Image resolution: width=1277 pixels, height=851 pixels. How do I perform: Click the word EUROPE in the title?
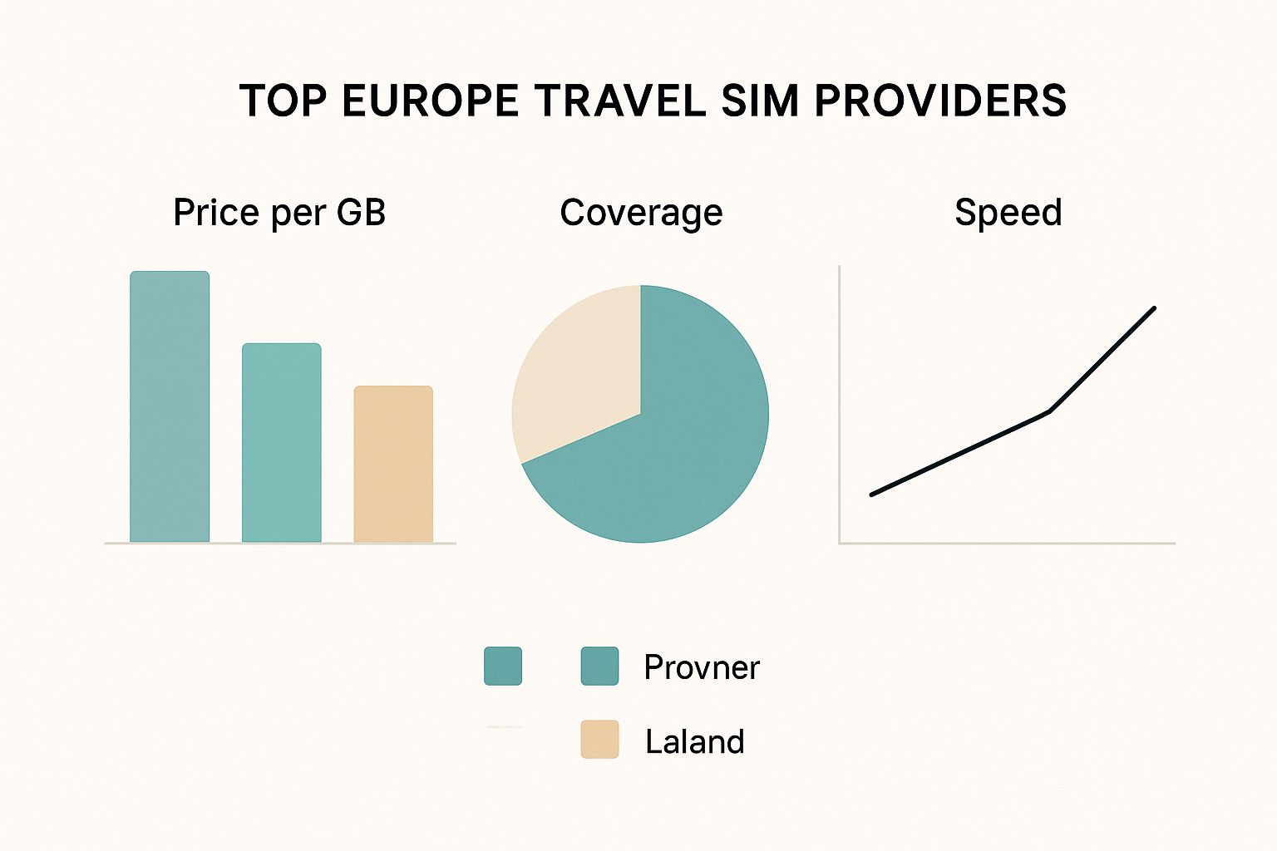431,101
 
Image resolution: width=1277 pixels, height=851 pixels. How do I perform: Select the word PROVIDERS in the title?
940,101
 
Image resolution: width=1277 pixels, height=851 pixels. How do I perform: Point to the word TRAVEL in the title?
619,101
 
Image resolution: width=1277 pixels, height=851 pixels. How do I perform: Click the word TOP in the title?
283,101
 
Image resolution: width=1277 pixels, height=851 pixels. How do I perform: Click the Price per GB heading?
279,213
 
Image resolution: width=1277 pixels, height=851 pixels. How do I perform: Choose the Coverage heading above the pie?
641,213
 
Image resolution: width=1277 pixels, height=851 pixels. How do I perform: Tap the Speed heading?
1008,213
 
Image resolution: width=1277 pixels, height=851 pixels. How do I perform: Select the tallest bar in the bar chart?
170,407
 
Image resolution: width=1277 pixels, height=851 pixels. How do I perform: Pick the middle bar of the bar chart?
281,443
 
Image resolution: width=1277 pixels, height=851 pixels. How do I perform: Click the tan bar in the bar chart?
393,465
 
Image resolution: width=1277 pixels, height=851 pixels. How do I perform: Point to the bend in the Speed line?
1050,411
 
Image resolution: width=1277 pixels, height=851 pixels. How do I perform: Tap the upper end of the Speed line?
1153,309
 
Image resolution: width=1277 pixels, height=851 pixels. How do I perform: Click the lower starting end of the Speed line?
872,494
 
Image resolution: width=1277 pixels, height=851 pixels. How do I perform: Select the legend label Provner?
701,667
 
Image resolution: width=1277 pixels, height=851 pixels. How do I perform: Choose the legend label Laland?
694,741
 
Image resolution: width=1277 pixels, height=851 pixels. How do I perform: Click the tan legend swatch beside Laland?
599,740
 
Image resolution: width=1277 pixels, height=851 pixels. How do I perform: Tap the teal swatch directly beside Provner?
599,666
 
